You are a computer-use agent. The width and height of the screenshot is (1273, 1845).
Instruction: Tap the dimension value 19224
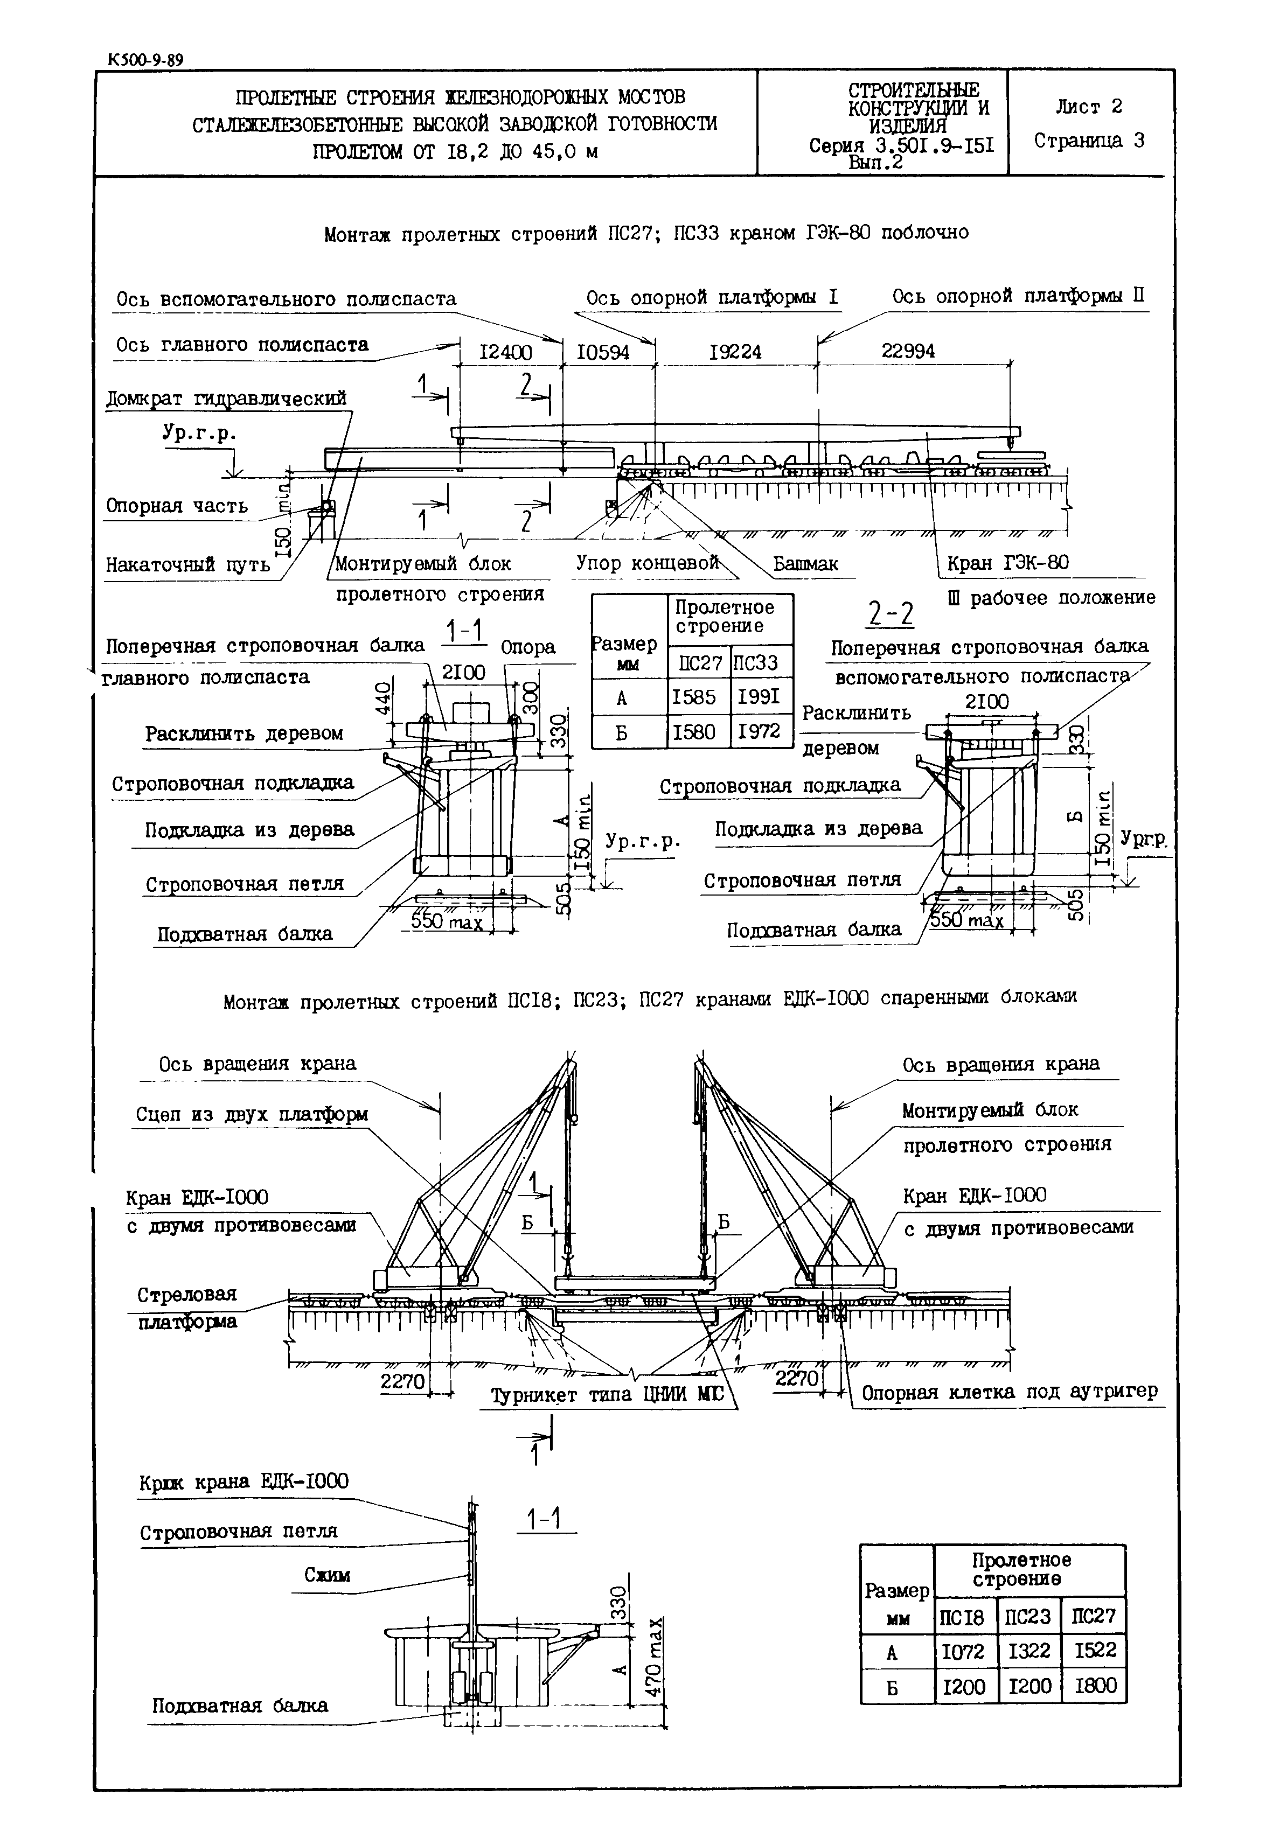click(735, 352)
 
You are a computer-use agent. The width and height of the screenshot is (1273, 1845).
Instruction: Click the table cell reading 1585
click(694, 697)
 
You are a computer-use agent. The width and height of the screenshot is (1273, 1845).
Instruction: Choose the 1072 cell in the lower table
click(964, 1651)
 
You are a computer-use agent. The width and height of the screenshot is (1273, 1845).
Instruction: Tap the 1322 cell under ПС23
click(1029, 1651)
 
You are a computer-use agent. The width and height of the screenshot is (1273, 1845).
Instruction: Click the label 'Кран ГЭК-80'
click(1007, 563)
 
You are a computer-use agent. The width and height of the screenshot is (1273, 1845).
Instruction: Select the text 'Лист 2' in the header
click(1089, 107)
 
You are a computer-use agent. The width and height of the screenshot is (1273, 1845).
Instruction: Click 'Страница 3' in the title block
click(1089, 141)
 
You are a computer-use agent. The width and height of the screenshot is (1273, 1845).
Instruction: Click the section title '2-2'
click(890, 614)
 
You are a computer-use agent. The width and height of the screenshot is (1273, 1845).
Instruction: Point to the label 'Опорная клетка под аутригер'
click(1009, 1392)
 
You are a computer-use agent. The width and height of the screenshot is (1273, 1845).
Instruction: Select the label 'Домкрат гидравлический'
click(226, 398)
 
